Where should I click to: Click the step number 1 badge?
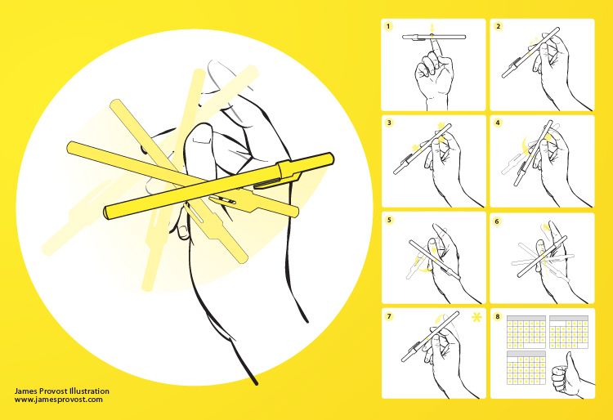coord(388,27)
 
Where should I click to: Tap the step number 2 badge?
coord(498,27)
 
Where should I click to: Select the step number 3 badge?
coord(389,123)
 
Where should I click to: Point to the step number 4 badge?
coord(498,123)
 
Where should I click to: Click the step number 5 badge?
coord(389,220)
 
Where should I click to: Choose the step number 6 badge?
coord(497,221)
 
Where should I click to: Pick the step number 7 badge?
coord(389,316)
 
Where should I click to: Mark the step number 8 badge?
coord(498,316)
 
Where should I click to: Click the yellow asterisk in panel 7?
coord(477,317)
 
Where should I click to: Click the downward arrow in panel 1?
coord(432,29)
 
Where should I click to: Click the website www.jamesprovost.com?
coord(59,400)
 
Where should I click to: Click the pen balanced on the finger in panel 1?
coord(434,38)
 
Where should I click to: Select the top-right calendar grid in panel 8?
coord(569,332)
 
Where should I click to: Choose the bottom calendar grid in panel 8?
coord(526,367)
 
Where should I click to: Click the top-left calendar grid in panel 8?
coord(526,332)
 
